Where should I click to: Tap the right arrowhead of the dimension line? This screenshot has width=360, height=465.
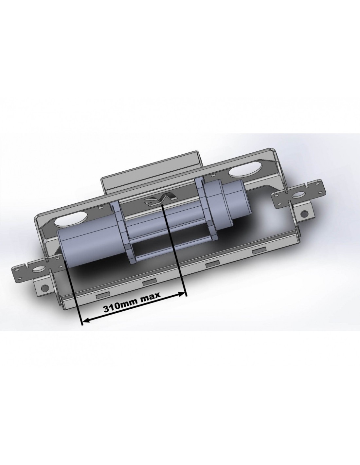coord(181,294)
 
